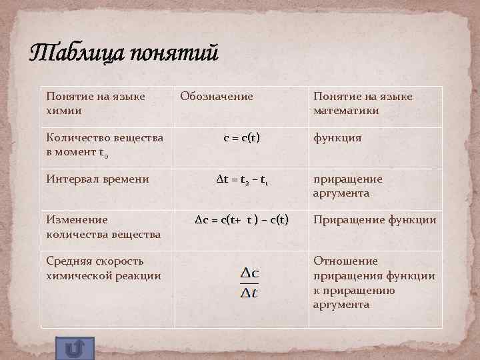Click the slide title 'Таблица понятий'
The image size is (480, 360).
point(124,53)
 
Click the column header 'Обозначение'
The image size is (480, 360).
point(217,97)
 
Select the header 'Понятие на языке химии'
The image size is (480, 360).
point(95,103)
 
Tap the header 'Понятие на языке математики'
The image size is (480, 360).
point(363,103)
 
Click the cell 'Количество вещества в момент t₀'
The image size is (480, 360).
point(105,145)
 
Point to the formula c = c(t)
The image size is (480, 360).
point(241,138)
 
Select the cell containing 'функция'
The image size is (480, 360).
point(337,138)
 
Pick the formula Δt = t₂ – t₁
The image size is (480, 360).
point(241,179)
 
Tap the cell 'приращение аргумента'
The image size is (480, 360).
point(347,186)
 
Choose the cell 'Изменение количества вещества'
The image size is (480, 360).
point(103,227)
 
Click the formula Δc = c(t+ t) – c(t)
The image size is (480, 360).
point(241,220)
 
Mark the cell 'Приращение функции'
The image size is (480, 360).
point(375,220)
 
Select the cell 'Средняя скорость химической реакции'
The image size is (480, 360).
point(103,268)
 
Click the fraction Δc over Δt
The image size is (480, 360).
point(250,283)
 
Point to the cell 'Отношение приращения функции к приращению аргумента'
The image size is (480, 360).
point(374,282)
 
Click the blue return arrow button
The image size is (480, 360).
point(75,348)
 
